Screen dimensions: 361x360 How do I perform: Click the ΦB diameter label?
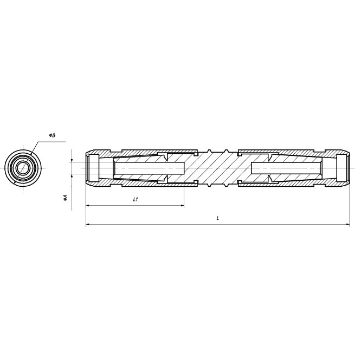[x=52, y=135]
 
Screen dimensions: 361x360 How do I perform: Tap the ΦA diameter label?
[x=66, y=198]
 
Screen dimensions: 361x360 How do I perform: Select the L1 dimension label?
[x=136, y=199]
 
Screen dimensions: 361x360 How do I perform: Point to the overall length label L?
[x=218, y=218]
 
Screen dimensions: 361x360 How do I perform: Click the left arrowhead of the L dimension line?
[x=87, y=224]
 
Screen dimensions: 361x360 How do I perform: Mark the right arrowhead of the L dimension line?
[x=348, y=224]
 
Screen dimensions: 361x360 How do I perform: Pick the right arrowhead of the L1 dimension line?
[x=182, y=205]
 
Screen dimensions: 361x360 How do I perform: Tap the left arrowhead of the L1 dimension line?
[x=87, y=205]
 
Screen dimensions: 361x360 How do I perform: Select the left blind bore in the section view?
[x=149, y=168]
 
